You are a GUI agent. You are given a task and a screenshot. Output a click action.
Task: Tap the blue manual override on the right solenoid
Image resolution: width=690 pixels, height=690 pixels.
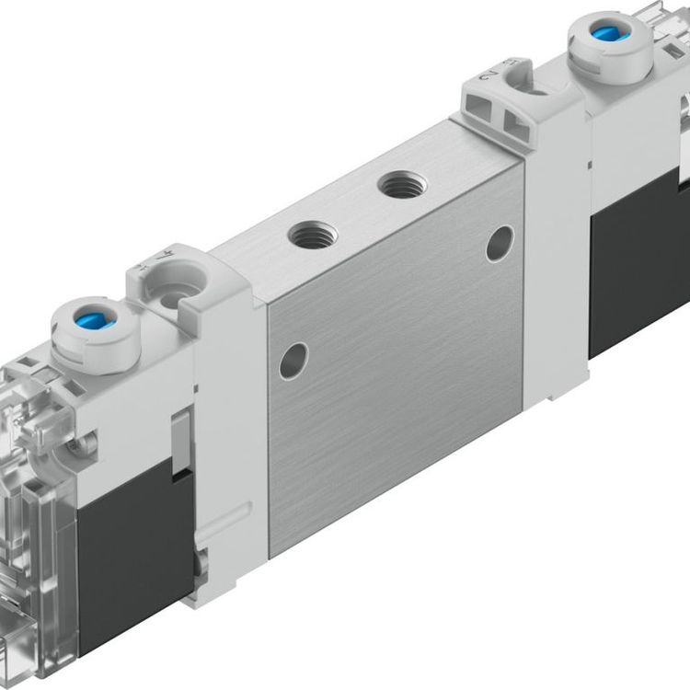pyautogui.click(x=604, y=34)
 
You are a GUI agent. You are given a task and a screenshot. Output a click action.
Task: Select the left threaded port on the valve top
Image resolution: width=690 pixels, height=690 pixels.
pyautogui.click(x=312, y=236)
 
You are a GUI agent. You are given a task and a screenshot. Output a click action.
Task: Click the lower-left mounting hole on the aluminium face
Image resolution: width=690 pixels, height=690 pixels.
pyautogui.click(x=293, y=360)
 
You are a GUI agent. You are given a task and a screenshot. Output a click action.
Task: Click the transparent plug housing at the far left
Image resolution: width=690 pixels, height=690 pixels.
pyautogui.click(x=37, y=515)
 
